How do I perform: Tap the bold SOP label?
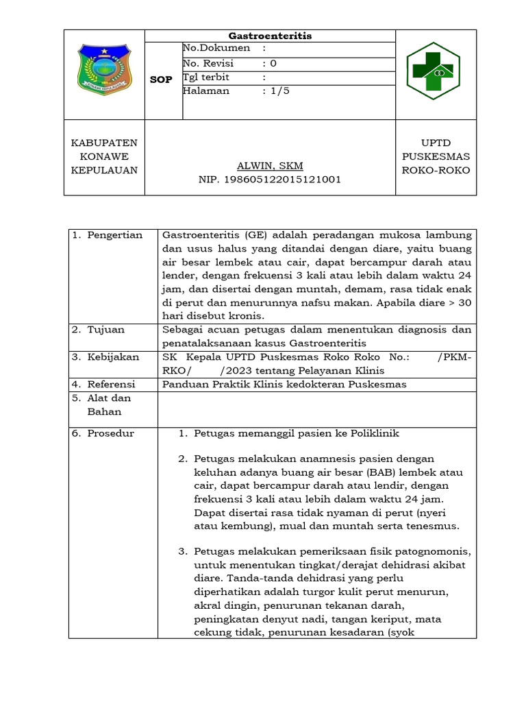(161, 80)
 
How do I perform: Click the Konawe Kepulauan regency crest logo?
(103, 69)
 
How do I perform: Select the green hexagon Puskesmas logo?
(433, 71)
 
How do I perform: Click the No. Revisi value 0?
(273, 63)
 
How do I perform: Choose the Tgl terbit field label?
(207, 77)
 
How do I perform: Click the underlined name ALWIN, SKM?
(269, 166)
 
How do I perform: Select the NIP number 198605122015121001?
(269, 180)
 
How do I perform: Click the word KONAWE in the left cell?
(104, 156)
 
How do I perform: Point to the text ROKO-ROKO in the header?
(436, 170)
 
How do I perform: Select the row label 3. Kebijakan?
(105, 357)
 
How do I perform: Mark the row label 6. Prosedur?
(103, 433)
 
